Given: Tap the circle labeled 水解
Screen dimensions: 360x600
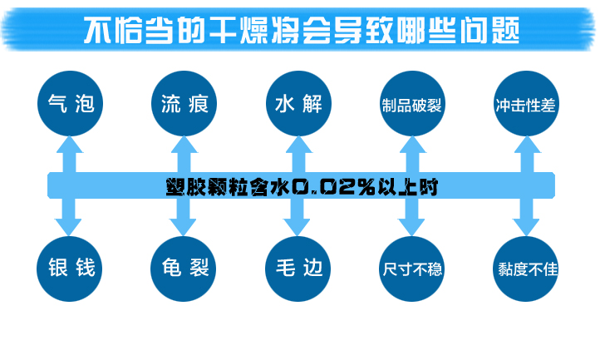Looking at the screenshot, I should [x=296, y=104].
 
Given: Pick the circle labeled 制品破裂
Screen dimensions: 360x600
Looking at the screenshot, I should [x=411, y=105].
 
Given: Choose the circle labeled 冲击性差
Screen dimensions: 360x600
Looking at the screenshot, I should [x=524, y=105].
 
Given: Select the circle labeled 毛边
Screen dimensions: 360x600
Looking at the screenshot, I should [x=296, y=268].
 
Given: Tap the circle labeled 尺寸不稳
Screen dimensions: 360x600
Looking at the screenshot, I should [x=411, y=268].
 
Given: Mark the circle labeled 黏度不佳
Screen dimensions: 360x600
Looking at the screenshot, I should [x=524, y=268].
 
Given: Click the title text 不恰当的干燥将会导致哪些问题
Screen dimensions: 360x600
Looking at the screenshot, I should [x=302, y=31].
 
